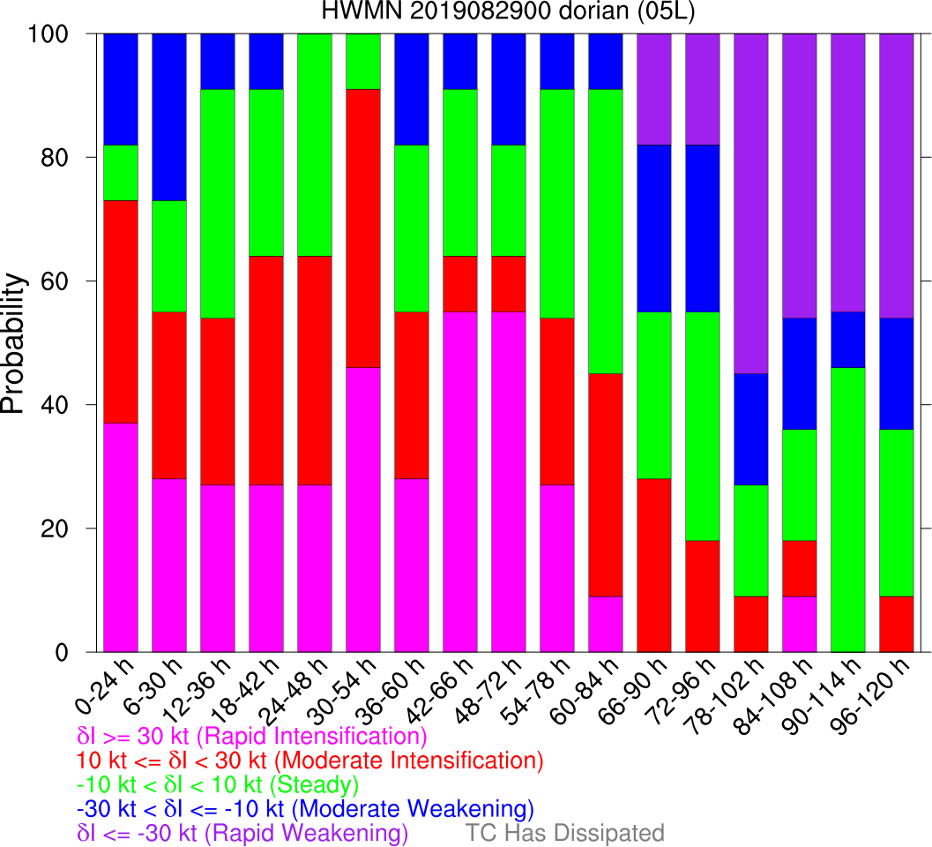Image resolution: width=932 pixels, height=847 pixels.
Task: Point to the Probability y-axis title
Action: [15, 342]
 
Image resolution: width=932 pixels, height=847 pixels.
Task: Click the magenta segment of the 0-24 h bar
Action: [121, 537]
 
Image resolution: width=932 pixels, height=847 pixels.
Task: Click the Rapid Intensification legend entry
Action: [252, 736]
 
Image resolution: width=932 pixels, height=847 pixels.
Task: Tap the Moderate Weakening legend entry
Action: [305, 809]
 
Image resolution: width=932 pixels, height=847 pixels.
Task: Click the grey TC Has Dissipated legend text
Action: [564, 833]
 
